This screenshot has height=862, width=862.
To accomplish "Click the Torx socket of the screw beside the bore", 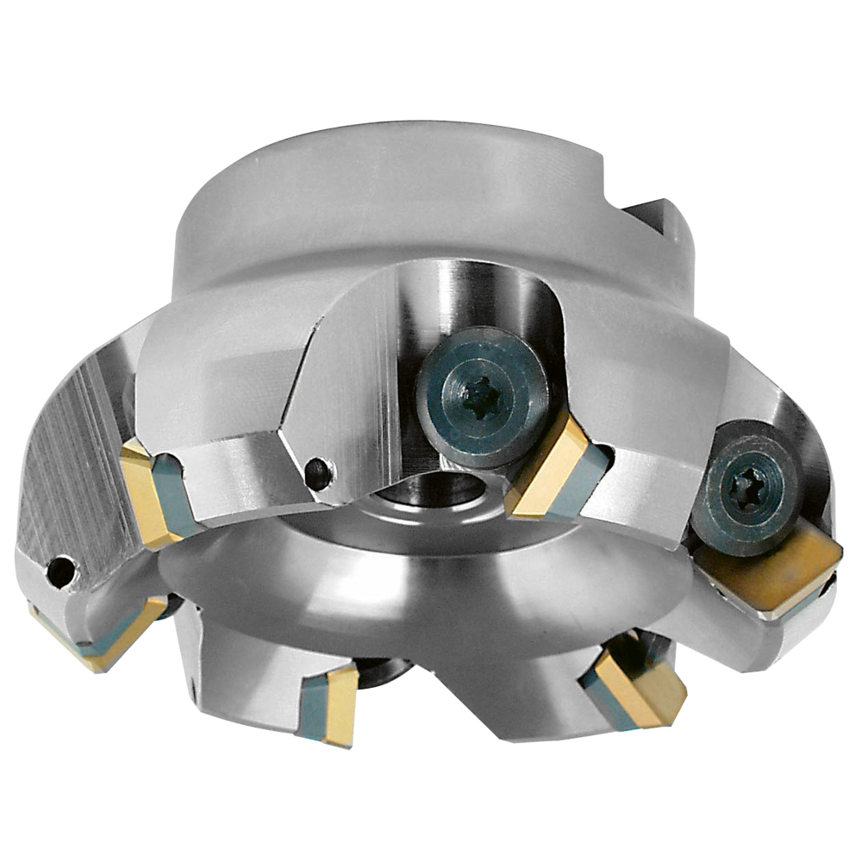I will click(481, 397).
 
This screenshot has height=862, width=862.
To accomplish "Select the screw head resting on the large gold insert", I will click(746, 491).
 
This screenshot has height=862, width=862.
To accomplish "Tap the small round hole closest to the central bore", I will click(318, 472).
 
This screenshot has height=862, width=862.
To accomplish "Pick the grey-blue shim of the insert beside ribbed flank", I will click(177, 496).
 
